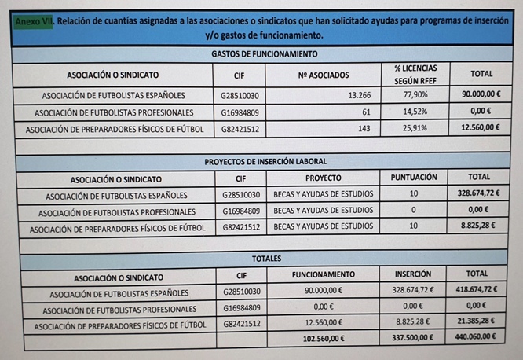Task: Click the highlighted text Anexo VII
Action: [x=34, y=22]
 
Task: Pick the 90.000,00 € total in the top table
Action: [x=481, y=96]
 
